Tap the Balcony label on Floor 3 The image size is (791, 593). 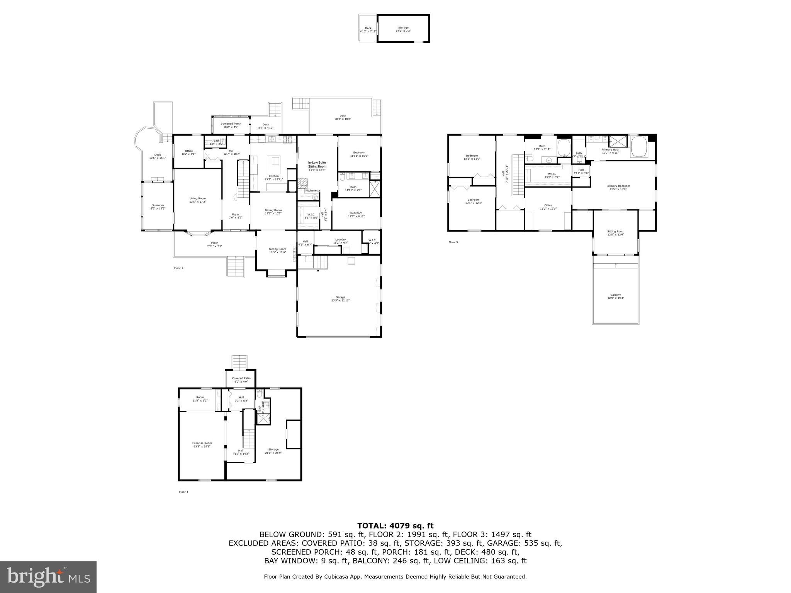pos(616,295)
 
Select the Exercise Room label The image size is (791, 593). pos(202,443)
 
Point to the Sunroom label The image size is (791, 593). pos(158,205)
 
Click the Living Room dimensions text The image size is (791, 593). pos(197,202)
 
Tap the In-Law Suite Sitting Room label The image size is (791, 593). pos(317,164)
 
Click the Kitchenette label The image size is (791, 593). pos(312,191)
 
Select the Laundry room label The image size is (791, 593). pos(340,239)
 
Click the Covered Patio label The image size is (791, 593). pos(241,378)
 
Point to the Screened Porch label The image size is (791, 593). pos(231,124)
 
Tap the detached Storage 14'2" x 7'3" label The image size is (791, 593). pos(403,29)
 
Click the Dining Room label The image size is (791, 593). pos(273,210)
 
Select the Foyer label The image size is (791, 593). pos(236,215)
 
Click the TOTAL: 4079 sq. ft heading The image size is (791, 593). pos(395,526)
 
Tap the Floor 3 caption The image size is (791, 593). pos(453,242)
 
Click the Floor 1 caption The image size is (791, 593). pos(183,492)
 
